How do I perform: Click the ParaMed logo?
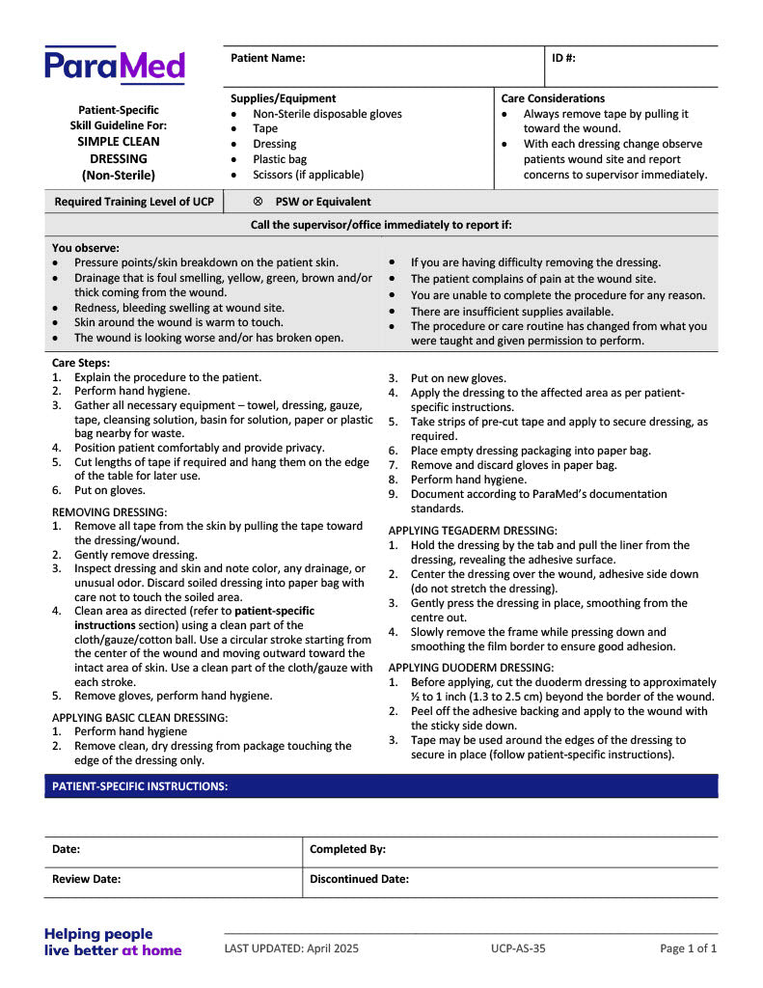(114, 66)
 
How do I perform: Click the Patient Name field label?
(267, 58)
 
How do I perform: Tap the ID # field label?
(563, 58)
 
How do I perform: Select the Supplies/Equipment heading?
(283, 98)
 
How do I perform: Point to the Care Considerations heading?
(553, 98)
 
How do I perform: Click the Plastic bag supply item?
(280, 159)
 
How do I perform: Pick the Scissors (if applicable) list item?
(308, 175)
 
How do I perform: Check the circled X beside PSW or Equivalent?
(258, 202)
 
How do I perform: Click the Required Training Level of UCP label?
(134, 202)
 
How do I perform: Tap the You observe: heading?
(86, 248)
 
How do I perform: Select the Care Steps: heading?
(81, 363)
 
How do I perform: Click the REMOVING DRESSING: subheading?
(109, 511)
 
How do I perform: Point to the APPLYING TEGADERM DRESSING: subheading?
(473, 531)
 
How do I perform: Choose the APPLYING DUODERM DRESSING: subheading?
(471, 668)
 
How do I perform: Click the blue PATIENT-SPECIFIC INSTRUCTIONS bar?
(381, 786)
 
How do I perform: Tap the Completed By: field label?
(347, 849)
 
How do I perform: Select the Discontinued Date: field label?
(359, 879)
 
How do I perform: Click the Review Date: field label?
(86, 879)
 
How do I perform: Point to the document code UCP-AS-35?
(518, 948)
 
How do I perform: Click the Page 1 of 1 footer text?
(688, 948)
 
